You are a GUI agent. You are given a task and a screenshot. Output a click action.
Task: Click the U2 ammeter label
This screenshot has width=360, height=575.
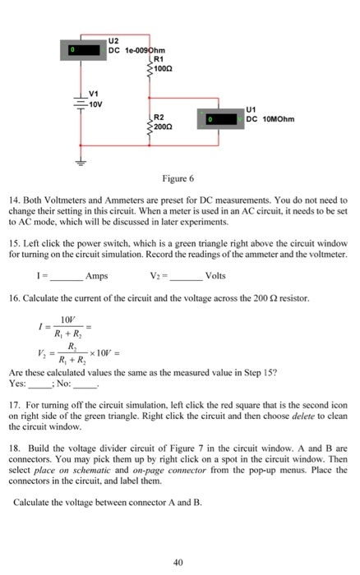click(x=113, y=39)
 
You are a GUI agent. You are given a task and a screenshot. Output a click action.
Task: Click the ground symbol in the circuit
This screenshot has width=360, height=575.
click(x=81, y=162)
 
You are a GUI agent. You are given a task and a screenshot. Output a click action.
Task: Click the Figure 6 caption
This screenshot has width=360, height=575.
click(x=179, y=179)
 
